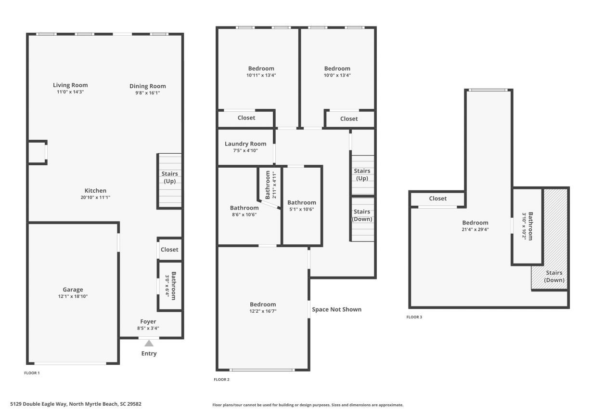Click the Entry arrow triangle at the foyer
click(x=149, y=344)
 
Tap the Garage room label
click(x=73, y=290)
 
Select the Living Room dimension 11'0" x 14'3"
click(x=70, y=92)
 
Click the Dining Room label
click(x=147, y=86)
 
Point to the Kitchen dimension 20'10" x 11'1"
click(x=95, y=198)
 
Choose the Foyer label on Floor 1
click(x=148, y=321)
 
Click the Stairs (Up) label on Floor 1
click(x=170, y=177)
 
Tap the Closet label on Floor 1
click(x=169, y=250)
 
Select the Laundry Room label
click(x=245, y=144)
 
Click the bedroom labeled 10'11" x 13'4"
click(x=261, y=71)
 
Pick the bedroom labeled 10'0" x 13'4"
click(x=337, y=71)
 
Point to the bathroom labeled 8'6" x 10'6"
click(x=244, y=211)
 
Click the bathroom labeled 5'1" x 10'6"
click(x=302, y=205)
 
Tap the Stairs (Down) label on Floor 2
click(x=362, y=215)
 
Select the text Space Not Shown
click(x=336, y=309)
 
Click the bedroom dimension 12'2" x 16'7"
click(x=263, y=311)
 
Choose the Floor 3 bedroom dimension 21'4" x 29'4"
click(x=475, y=229)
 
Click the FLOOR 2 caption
click(x=221, y=380)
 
